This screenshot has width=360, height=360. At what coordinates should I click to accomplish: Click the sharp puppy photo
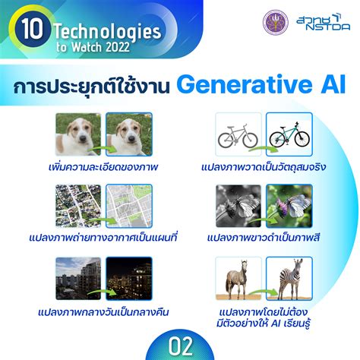coord(129,134)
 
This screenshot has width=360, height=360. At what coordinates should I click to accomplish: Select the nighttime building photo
coord(129,277)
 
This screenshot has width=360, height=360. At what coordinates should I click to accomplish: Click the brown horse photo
coord(237,277)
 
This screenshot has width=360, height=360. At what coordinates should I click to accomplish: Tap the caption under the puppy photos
coord(103,164)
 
